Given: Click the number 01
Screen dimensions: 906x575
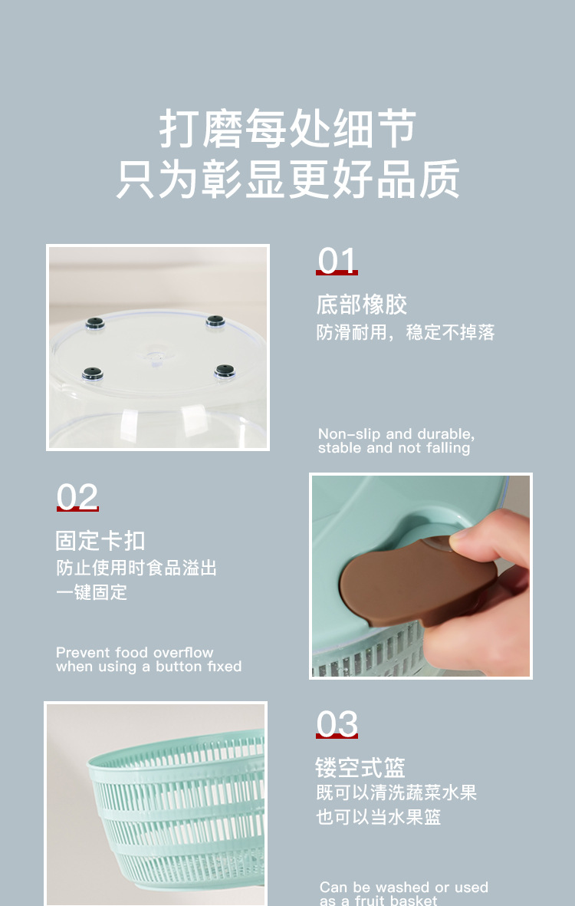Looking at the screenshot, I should coord(337,262).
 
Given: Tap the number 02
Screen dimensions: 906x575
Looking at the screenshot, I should coord(77,498).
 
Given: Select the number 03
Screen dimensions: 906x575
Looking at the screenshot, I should coord(337,724).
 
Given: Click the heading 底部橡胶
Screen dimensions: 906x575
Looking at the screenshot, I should coord(361,305).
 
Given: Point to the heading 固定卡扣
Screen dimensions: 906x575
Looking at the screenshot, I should coord(100,541).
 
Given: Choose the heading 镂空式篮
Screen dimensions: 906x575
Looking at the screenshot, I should coord(360,767).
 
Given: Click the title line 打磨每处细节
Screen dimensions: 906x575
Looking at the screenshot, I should coord(287,129).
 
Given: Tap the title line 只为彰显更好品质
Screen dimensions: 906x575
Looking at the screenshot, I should coord(287,180).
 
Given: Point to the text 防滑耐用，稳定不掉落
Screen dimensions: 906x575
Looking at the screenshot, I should coord(406,333).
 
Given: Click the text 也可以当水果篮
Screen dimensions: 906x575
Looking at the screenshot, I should coord(379,817).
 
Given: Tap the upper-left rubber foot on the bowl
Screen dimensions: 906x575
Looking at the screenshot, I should coord(95,323).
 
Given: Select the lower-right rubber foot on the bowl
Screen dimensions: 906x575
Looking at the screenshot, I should coord(224,371).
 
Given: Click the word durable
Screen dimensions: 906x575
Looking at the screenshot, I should coord(444,434).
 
